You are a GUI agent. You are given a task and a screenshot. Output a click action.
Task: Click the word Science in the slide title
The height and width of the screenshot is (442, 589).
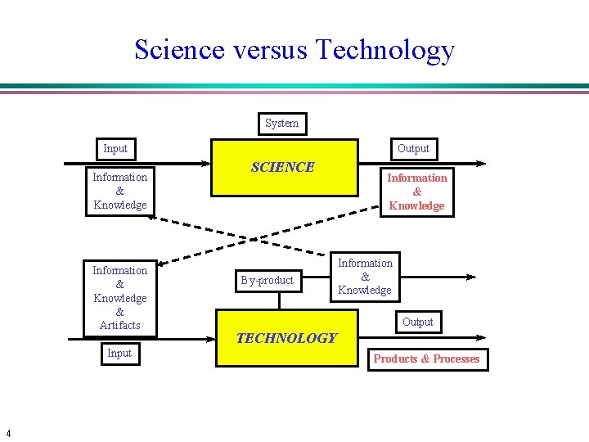tap(178, 50)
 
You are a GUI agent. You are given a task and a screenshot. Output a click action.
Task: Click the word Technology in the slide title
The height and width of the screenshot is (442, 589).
tap(385, 51)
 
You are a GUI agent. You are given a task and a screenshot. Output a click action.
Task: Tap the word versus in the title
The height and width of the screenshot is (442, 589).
tap(270, 51)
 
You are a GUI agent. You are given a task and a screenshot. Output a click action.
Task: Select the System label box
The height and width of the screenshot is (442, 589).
tap(282, 124)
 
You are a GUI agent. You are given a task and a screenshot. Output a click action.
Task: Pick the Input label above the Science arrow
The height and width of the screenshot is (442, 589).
tap(115, 148)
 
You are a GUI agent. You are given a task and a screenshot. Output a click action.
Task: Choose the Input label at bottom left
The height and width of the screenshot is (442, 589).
tap(119, 353)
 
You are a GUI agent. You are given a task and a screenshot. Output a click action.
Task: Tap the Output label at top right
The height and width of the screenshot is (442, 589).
tap(413, 148)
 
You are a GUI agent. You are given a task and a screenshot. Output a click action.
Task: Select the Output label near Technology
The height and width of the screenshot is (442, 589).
tap(417, 322)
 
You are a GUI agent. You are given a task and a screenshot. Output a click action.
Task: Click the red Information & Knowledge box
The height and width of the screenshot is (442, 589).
tap(416, 192)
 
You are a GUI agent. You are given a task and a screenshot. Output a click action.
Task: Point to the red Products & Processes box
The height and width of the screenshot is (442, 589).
tap(426, 359)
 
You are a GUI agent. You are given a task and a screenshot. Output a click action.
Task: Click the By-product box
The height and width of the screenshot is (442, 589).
tap(267, 280)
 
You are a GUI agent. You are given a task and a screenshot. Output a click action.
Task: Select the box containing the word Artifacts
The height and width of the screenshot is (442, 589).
tap(119, 298)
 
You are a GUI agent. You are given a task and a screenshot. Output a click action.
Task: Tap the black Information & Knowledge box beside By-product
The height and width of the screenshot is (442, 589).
tap(365, 277)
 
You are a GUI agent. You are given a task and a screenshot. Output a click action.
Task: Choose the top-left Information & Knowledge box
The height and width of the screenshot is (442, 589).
tap(119, 191)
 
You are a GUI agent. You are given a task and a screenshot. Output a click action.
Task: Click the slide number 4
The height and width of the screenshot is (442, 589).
tap(7, 433)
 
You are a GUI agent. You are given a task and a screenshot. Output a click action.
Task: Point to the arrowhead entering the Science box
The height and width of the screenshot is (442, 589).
tap(207, 164)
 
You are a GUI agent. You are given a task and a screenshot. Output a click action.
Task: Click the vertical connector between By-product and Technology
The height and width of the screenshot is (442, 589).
tap(279, 300)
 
